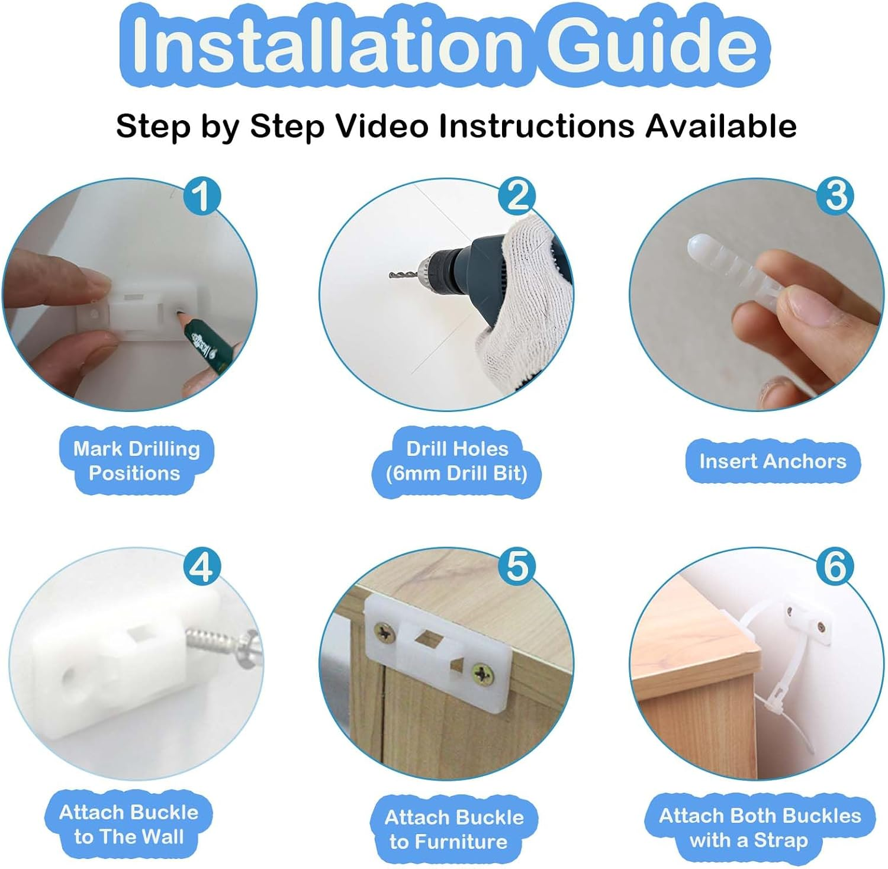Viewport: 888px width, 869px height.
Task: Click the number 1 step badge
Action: click(x=201, y=197)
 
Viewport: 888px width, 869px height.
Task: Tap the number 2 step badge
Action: click(x=517, y=197)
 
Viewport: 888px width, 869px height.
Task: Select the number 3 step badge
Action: click(x=835, y=197)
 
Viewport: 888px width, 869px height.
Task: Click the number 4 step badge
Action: click(x=201, y=567)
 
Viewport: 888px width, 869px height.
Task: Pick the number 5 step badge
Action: click(x=517, y=567)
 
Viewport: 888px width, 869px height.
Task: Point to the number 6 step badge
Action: click(x=835, y=567)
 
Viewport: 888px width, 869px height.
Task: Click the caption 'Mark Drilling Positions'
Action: click(x=136, y=461)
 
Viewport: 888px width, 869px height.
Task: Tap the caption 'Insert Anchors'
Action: click(x=773, y=461)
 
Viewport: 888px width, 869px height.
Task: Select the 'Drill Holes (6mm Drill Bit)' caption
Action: click(x=456, y=461)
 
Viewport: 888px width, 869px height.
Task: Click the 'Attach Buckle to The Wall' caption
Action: click(x=128, y=824)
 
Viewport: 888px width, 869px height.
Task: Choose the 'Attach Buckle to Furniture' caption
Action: click(x=454, y=829)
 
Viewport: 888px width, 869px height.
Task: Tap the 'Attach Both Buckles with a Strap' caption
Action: click(x=760, y=828)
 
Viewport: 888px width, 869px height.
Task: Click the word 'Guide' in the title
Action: click(x=651, y=44)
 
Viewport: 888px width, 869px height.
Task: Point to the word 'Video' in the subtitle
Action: click(x=382, y=125)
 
